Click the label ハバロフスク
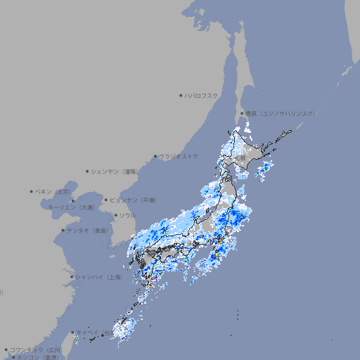(202, 95)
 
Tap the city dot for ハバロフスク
(181, 95)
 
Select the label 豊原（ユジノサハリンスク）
(280, 113)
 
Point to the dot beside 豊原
(242, 113)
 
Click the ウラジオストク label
(179, 156)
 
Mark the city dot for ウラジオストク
(155, 157)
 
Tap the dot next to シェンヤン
(88, 171)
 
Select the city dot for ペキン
(32, 191)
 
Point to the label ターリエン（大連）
(70, 207)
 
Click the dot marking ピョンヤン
(107, 200)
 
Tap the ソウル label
(127, 215)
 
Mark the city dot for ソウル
(115, 215)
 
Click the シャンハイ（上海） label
(98, 277)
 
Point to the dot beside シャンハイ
(72, 277)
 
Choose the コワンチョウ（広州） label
(35, 349)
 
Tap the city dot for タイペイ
(74, 333)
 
